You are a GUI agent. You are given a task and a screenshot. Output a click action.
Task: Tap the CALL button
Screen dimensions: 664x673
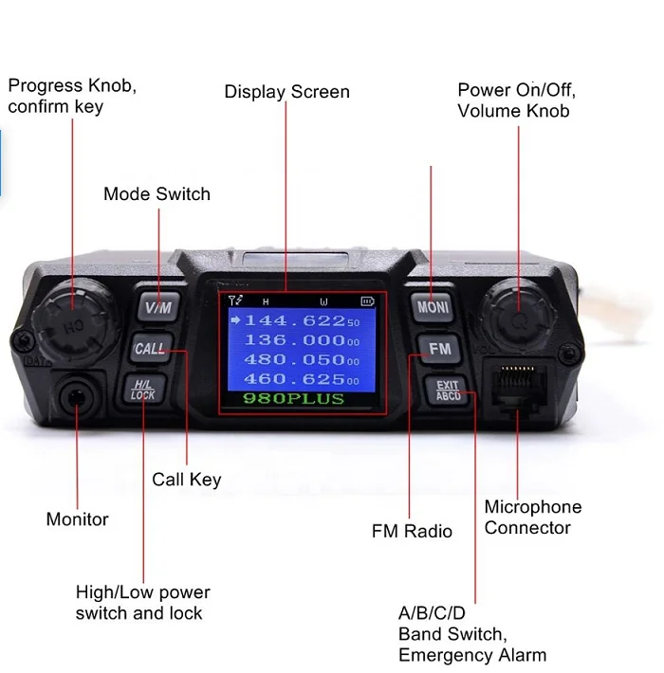[150, 348]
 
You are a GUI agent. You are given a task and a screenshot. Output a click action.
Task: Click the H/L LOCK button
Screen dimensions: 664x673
[143, 389]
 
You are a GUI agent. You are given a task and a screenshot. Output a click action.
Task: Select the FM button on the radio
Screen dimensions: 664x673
[439, 348]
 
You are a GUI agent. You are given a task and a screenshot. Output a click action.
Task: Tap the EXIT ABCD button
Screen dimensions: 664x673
[447, 390]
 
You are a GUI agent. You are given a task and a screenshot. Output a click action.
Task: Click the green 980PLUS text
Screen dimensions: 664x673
[292, 399]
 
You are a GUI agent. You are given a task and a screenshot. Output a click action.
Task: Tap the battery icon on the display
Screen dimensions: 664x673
[367, 301]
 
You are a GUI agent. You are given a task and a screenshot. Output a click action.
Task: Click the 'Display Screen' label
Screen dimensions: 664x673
[286, 92]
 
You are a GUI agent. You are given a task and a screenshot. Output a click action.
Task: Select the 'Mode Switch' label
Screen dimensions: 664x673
[157, 194]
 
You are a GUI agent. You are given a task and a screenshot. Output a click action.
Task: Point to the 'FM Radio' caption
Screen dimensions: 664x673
[412, 531]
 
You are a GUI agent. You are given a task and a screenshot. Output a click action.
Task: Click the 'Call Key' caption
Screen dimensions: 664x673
[186, 480]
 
